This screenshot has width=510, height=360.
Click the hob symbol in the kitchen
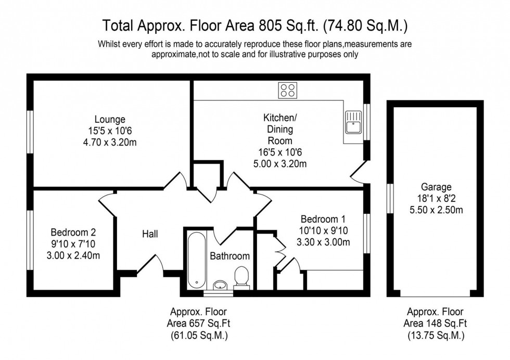(x=288, y=91)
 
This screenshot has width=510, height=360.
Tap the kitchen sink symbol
(x=354, y=122)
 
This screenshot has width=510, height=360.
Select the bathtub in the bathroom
(x=196, y=260)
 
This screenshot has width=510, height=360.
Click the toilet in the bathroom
(x=241, y=276)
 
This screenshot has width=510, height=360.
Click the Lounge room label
(x=110, y=119)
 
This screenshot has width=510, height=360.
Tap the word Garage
(x=437, y=187)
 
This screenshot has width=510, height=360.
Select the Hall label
(x=150, y=234)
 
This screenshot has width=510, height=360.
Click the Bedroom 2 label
(x=73, y=232)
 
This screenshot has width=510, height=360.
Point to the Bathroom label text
(x=229, y=256)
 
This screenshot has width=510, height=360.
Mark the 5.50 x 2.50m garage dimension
(x=437, y=210)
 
